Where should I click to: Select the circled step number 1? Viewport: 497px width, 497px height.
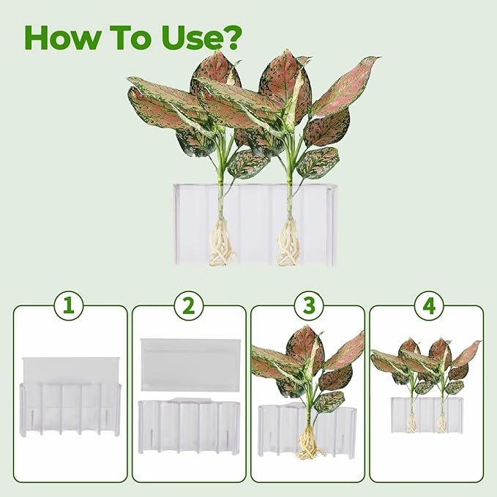pyautogui.click(x=69, y=307)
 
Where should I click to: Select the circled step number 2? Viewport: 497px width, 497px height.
pyautogui.click(x=188, y=307)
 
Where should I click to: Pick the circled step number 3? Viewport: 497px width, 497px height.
pyautogui.click(x=307, y=307)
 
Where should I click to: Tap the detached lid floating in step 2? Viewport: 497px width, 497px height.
pyautogui.click(x=190, y=363)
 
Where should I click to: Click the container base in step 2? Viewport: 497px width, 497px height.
pyautogui.click(x=189, y=425)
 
